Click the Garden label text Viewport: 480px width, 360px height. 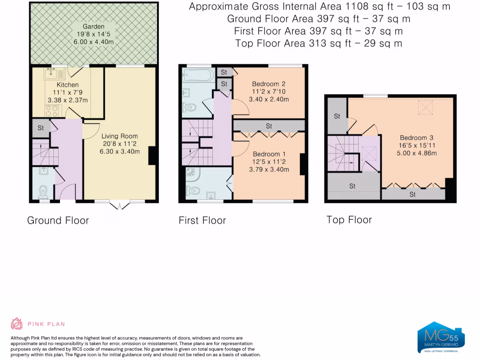(x=94, y=27)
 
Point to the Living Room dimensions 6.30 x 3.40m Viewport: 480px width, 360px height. (x=120, y=151)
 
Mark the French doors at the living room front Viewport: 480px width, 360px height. (x=119, y=204)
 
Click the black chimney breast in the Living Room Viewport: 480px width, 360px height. (x=152, y=156)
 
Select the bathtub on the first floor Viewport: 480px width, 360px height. (x=197, y=74)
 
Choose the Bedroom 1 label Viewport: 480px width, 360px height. (x=269, y=154)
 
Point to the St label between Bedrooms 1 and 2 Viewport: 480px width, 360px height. (x=269, y=126)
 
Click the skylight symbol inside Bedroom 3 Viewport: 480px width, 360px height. (x=426, y=108)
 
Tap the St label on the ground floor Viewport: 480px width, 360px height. (x=41, y=127)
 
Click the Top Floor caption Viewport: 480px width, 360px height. (x=349, y=219)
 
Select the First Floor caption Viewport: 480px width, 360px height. (x=202, y=220)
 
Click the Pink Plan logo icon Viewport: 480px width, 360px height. (x=17, y=323)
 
